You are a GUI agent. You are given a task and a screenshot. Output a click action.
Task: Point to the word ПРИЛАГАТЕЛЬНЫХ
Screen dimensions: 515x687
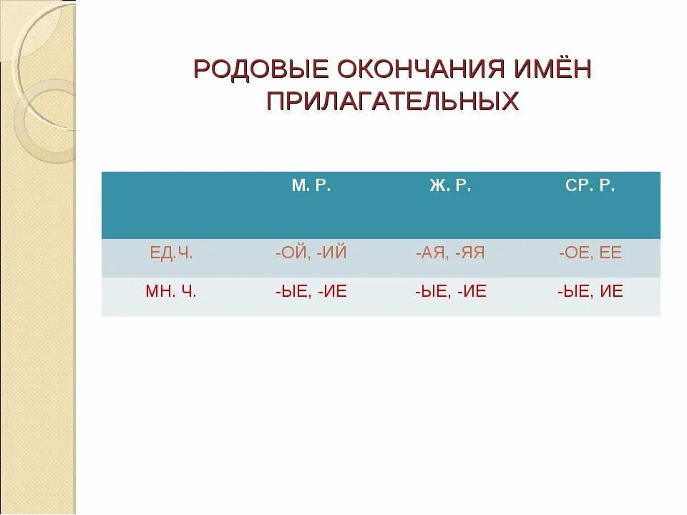(392, 100)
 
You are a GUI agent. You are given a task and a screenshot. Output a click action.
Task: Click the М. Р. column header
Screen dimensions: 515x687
(311, 187)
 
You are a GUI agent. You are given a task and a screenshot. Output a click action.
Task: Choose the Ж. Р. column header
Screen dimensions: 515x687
(450, 187)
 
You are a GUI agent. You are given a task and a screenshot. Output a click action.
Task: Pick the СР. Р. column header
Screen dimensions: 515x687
(590, 187)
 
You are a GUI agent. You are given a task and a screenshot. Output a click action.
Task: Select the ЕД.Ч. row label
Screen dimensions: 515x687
(171, 253)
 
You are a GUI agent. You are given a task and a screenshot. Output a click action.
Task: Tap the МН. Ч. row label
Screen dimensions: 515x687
(171, 292)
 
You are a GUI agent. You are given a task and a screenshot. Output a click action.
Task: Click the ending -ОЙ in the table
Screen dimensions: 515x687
(291, 253)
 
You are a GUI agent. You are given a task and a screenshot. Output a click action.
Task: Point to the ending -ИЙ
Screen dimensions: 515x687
(330, 253)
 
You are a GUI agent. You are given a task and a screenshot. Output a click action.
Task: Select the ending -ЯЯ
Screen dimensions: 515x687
(469, 253)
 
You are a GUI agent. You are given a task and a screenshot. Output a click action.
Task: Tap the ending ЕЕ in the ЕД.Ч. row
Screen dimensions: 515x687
(610, 253)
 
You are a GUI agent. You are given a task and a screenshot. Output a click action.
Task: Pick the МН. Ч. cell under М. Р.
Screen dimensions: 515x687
(311, 292)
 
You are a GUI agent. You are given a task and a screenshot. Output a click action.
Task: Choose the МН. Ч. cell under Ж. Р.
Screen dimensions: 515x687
(450, 292)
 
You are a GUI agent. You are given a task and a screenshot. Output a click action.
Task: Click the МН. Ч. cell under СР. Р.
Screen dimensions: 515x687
(590, 292)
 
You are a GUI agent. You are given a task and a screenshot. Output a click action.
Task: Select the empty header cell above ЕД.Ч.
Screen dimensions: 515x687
(171, 205)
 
